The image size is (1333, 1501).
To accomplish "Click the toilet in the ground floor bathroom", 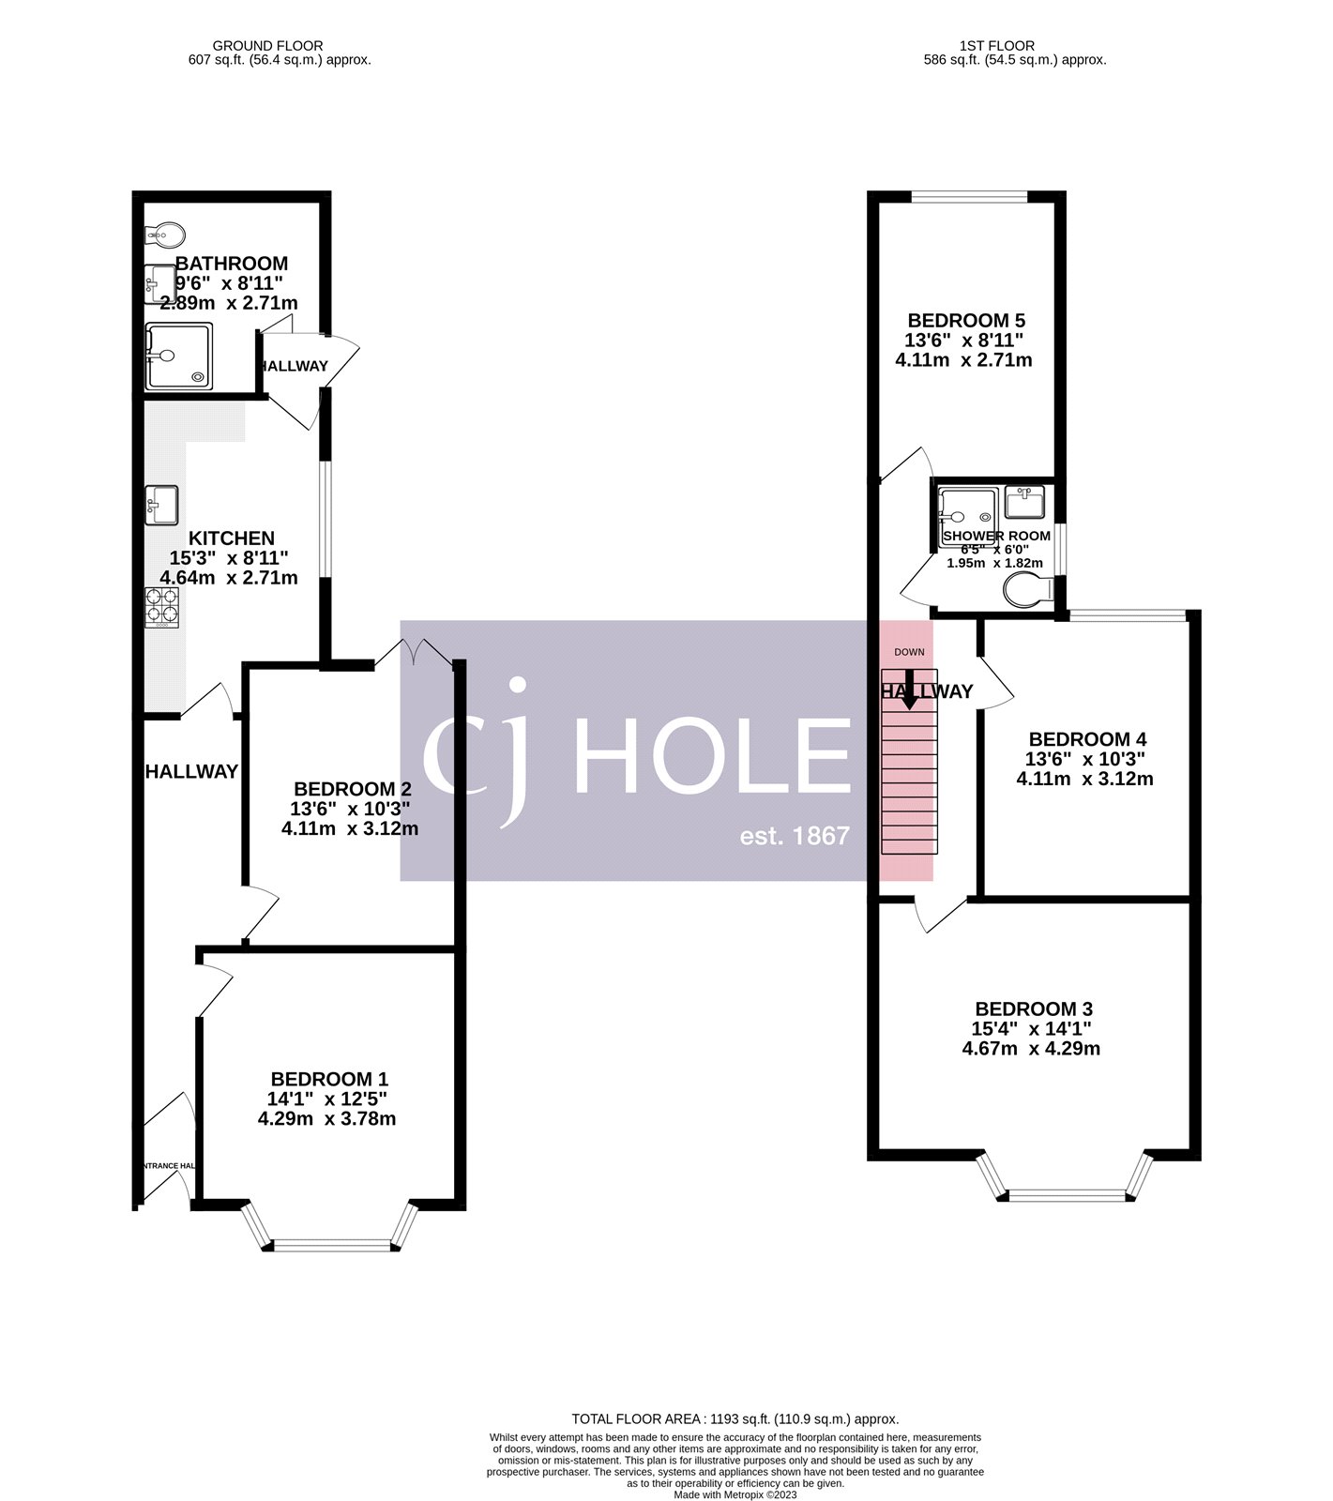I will click(166, 233).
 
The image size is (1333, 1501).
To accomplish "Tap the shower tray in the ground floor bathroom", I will click(178, 356).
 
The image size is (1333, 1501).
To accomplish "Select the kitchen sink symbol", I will click(161, 505).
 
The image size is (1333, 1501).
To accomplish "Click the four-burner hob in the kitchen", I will click(161, 606).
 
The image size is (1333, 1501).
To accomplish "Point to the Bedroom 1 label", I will click(329, 1080).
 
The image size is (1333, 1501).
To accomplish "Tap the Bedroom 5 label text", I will click(965, 320).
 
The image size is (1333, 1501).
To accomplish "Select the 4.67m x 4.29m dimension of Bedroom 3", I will click(1031, 1049).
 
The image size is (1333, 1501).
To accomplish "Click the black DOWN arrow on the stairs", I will click(908, 692).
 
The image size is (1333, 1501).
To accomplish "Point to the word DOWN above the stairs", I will click(909, 652).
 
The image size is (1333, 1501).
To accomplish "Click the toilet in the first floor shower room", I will click(1027, 591).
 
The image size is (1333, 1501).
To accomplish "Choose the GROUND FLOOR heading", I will click(267, 45).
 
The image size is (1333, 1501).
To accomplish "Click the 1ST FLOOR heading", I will click(997, 45).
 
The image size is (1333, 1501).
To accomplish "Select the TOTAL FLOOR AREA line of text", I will click(735, 1419).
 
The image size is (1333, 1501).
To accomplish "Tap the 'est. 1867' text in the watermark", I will click(795, 835).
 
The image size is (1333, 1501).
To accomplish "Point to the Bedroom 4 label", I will click(1086, 739).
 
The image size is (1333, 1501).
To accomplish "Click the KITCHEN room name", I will click(232, 538).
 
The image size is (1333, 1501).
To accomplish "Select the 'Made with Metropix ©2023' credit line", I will click(735, 1494).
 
